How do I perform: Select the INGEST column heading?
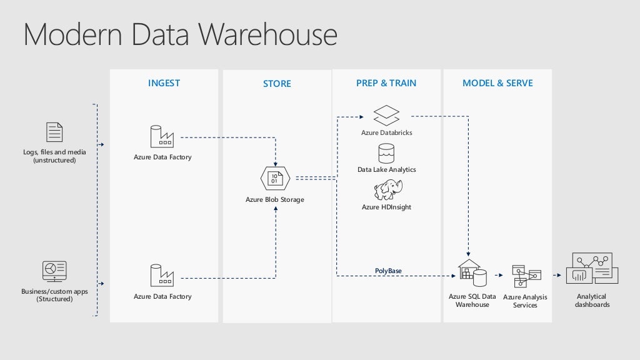coord(164,83)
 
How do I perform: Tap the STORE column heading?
coord(277,84)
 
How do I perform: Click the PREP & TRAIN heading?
coord(386,83)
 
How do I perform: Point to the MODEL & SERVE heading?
coord(497,83)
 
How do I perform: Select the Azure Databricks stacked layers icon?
coord(386,116)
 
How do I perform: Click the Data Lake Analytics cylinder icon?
coord(386,153)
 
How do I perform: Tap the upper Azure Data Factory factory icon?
coord(162,136)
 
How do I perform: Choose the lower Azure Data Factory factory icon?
coord(162,276)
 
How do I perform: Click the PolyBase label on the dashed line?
coord(388,271)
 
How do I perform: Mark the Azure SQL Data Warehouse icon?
coord(472,274)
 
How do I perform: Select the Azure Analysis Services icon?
coord(526,276)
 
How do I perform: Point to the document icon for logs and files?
coord(54,132)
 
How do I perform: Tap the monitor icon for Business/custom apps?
coord(54,272)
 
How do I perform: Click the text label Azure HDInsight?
coord(386,207)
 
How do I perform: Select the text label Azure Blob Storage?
coord(275,200)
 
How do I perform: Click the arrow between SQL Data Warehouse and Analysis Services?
coord(498,275)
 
